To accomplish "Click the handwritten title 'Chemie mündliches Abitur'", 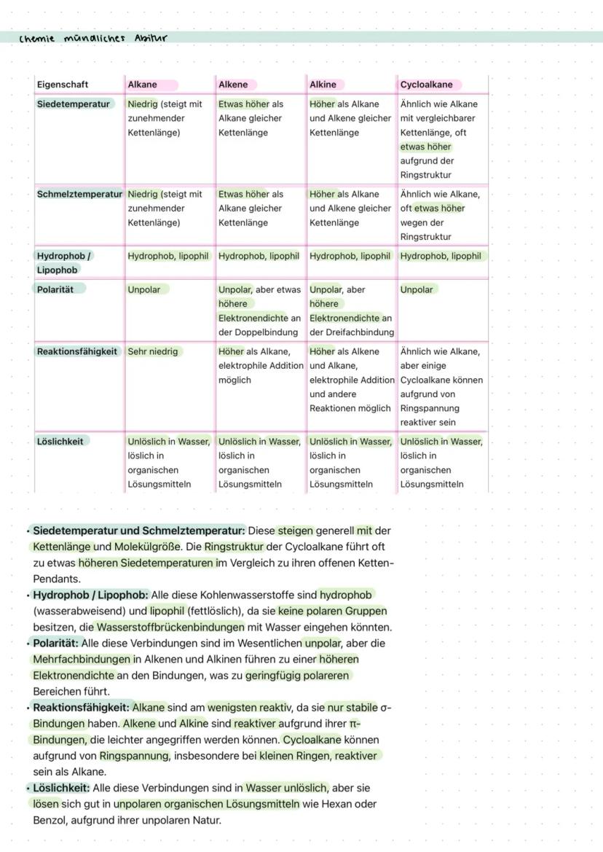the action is click(x=93, y=38).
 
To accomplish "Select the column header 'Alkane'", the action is click(x=142, y=85).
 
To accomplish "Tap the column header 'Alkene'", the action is click(x=233, y=85).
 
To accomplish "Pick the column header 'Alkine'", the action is click(x=323, y=85).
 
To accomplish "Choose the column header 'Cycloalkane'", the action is click(x=426, y=85).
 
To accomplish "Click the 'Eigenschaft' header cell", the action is click(x=63, y=85).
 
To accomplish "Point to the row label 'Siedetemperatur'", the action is click(x=73, y=104).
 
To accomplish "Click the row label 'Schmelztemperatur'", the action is click(x=79, y=195).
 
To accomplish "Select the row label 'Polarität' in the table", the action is click(x=55, y=289).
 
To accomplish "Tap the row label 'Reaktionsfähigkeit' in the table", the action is click(x=77, y=351).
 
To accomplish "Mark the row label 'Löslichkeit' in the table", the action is click(x=60, y=441).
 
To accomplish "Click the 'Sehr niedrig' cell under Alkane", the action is click(x=152, y=351).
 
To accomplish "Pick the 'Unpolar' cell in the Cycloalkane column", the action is click(x=417, y=289).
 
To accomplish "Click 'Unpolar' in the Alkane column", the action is click(x=144, y=289).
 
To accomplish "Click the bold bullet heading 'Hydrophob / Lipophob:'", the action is click(x=90, y=595).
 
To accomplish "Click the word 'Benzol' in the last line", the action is click(x=50, y=820).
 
